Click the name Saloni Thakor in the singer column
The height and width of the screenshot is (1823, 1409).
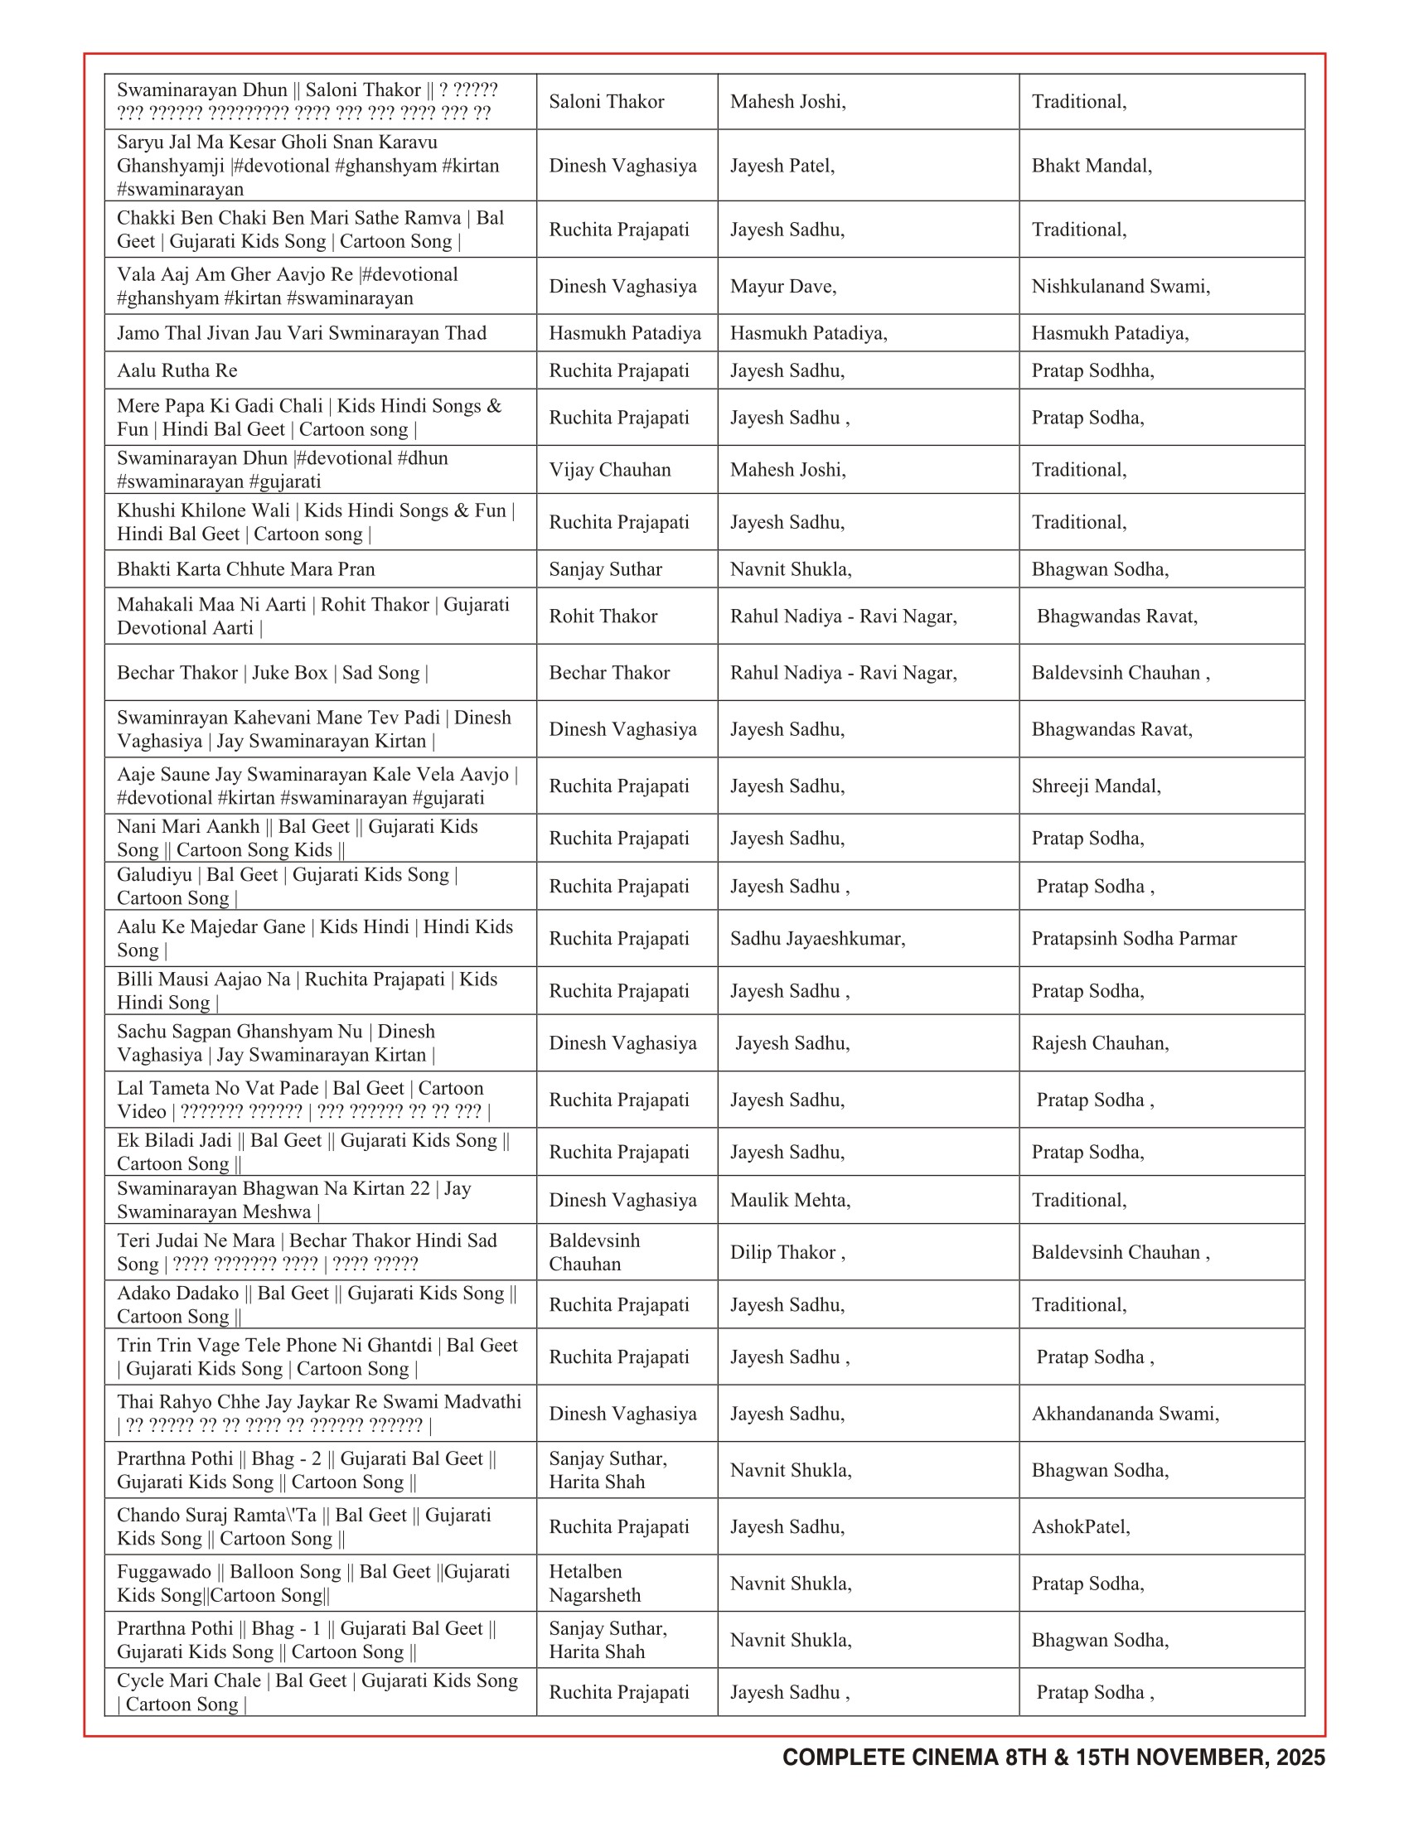click(x=606, y=102)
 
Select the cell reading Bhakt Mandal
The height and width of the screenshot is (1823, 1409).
click(x=1091, y=165)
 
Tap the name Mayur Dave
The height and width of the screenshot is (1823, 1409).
click(x=783, y=287)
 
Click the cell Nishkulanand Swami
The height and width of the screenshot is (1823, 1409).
click(x=1121, y=287)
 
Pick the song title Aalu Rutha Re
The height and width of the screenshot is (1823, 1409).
click(x=177, y=370)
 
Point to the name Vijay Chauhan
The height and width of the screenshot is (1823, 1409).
click(x=609, y=470)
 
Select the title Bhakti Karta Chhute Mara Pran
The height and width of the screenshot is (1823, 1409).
click(x=245, y=569)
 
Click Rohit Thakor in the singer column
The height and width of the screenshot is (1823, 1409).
click(x=603, y=616)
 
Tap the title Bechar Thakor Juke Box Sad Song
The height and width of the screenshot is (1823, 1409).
click(x=272, y=673)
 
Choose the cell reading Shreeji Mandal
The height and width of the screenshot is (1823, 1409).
click(x=1095, y=786)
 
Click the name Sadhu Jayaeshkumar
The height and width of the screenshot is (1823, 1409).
click(x=817, y=938)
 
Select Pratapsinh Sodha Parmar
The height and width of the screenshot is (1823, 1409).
click(x=1134, y=938)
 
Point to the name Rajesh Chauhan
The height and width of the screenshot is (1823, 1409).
click(x=1099, y=1043)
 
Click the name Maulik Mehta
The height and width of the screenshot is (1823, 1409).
click(x=790, y=1201)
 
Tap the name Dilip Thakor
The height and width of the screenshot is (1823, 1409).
click(x=787, y=1252)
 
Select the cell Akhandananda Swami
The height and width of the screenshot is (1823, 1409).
click(x=1125, y=1413)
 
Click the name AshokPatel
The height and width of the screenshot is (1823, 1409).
click(x=1080, y=1526)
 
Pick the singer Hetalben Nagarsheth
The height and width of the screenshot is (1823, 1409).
click(x=594, y=1584)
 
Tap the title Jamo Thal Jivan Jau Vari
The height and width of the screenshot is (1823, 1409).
click(x=301, y=333)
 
